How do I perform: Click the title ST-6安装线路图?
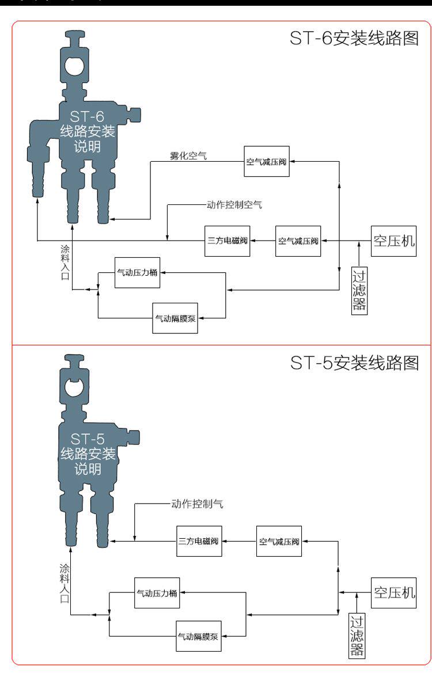pyautogui.click(x=353, y=39)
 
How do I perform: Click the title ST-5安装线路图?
pyautogui.click(x=353, y=363)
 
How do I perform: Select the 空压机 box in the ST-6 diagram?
pyautogui.click(x=393, y=241)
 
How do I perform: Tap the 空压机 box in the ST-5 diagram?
pyautogui.click(x=393, y=592)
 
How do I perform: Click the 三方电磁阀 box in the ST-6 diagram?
pyautogui.click(x=228, y=241)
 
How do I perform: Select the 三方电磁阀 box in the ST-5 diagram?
pyautogui.click(x=199, y=541)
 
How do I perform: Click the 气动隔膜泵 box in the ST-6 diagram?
pyautogui.click(x=175, y=317)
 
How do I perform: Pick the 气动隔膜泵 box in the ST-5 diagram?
pyautogui.click(x=198, y=636)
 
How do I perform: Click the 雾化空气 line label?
pyautogui.click(x=188, y=155)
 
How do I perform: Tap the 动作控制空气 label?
pyautogui.click(x=234, y=204)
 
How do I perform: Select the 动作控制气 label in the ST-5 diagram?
pyautogui.click(x=197, y=504)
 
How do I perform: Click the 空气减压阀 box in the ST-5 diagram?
pyautogui.click(x=279, y=541)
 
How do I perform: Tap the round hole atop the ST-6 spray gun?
pyautogui.click(x=73, y=66)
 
